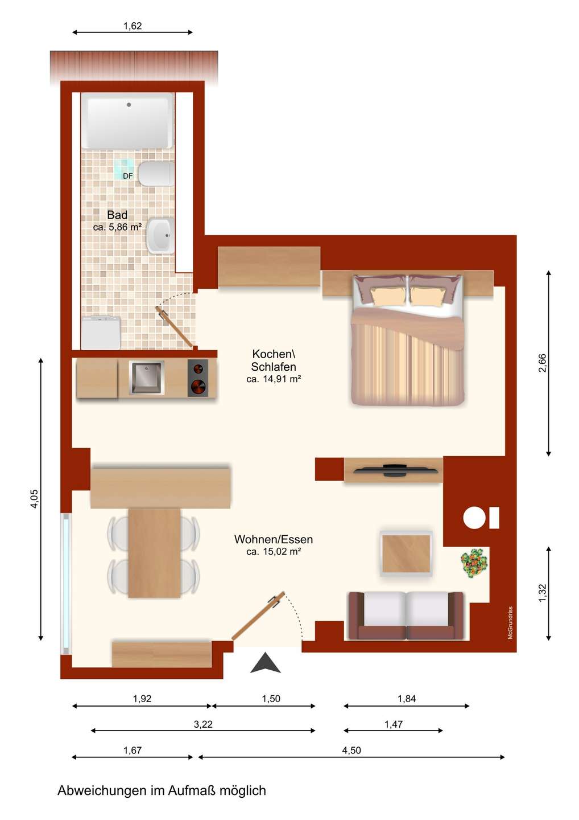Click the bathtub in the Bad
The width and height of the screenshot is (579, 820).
click(x=127, y=121)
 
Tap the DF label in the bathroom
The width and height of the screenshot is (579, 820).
click(x=127, y=176)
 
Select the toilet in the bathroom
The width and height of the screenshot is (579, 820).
click(x=156, y=174)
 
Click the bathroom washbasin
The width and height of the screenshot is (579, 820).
click(x=160, y=235)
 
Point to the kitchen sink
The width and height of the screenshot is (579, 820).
click(x=146, y=378)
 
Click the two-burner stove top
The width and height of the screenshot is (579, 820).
click(x=198, y=378)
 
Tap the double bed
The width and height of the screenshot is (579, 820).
click(x=408, y=340)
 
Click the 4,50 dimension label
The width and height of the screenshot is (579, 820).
click(x=351, y=751)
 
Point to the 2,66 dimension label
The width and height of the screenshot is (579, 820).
click(x=542, y=363)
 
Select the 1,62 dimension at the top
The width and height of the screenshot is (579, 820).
click(x=133, y=26)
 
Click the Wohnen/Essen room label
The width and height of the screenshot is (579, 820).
click(x=274, y=539)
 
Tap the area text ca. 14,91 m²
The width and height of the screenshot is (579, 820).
click(x=274, y=379)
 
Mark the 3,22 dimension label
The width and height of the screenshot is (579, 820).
click(x=203, y=724)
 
